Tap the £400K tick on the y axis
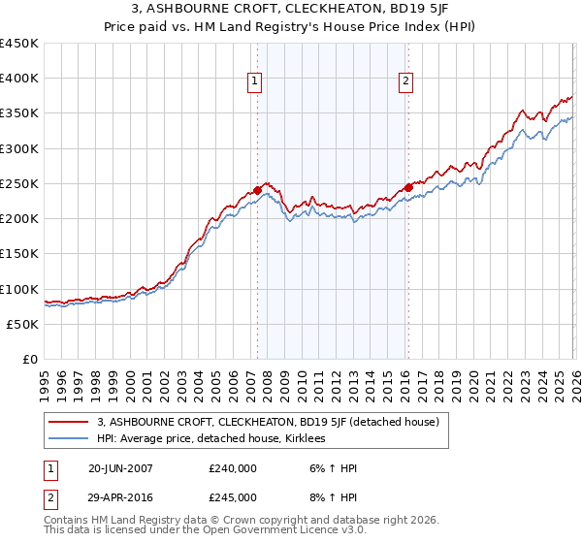(x=19, y=79)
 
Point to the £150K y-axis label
(x=19, y=254)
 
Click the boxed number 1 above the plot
(x=254, y=82)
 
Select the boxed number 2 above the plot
(x=404, y=82)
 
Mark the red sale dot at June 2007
(x=257, y=190)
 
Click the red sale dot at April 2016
(x=408, y=187)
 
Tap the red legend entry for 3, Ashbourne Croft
(x=269, y=422)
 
